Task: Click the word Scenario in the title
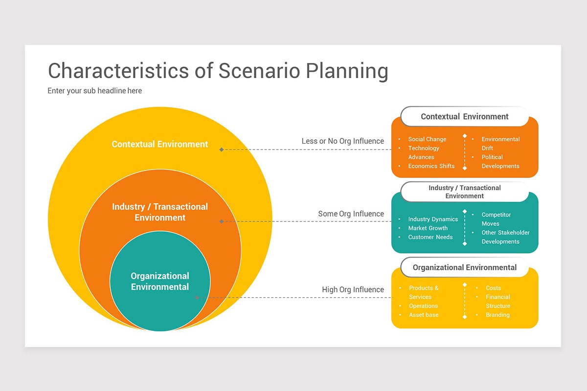pyautogui.click(x=259, y=71)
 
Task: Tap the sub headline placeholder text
pyautogui.click(x=94, y=90)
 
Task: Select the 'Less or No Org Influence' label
pyautogui.click(x=342, y=141)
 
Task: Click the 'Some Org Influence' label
pyautogui.click(x=351, y=214)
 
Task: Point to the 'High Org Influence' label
pyautogui.click(x=353, y=289)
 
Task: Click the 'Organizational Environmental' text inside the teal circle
pyautogui.click(x=160, y=281)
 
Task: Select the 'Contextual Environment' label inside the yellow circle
pyautogui.click(x=160, y=144)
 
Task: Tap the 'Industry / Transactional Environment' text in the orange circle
pyautogui.click(x=160, y=212)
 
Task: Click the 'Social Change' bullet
pyautogui.click(x=427, y=139)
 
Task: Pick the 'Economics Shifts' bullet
pyautogui.click(x=431, y=166)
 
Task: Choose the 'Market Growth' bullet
pyautogui.click(x=428, y=228)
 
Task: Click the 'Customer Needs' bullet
pyautogui.click(x=430, y=237)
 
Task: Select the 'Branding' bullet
pyautogui.click(x=497, y=315)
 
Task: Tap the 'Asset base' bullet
pyautogui.click(x=424, y=315)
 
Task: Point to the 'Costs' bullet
pyautogui.click(x=493, y=288)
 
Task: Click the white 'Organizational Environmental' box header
pyautogui.click(x=465, y=267)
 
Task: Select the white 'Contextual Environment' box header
pyautogui.click(x=465, y=116)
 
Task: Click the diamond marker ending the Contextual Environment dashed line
pyautogui.click(x=222, y=150)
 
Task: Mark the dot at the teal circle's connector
pyautogui.click(x=197, y=298)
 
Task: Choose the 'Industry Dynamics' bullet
pyautogui.click(x=433, y=219)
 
